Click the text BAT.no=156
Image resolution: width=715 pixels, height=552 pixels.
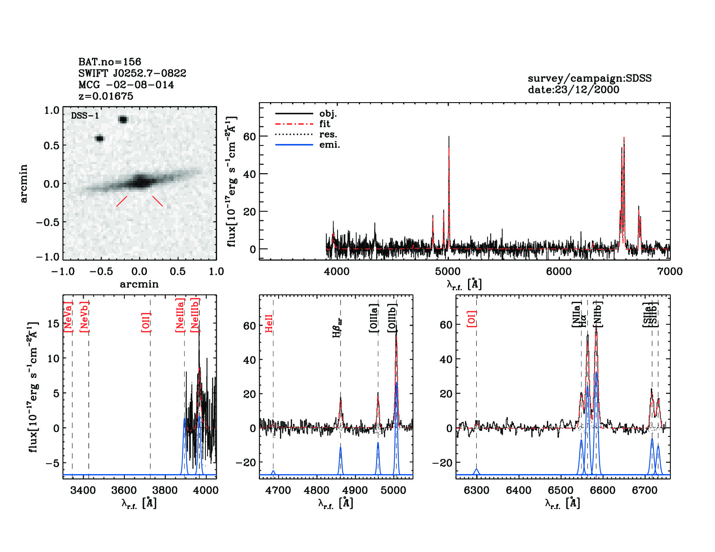[110, 62]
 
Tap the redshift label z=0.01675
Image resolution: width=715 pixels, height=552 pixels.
[106, 96]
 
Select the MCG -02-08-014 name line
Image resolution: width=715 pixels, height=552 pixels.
[126, 85]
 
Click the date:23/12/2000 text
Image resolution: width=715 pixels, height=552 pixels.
[573, 90]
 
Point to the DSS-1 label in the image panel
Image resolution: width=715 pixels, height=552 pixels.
[85, 116]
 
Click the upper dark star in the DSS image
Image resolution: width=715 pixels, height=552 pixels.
[123, 119]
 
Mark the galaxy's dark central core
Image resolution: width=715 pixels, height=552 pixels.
[140, 181]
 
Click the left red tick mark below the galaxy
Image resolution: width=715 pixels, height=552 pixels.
[122, 201]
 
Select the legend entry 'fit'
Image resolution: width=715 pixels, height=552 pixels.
[325, 124]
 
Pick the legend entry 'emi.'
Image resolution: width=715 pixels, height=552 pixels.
[329, 145]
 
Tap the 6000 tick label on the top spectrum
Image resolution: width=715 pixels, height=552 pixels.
[559, 271]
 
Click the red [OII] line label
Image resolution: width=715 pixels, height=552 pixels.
[146, 322]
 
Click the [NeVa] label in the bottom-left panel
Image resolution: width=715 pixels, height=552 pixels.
[68, 317]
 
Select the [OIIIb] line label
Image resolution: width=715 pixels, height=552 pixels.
[392, 318]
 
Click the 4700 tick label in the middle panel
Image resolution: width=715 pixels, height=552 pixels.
[278, 491]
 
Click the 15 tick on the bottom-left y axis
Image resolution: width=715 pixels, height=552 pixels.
[53, 324]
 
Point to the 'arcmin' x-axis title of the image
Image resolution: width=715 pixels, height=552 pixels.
[139, 284]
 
